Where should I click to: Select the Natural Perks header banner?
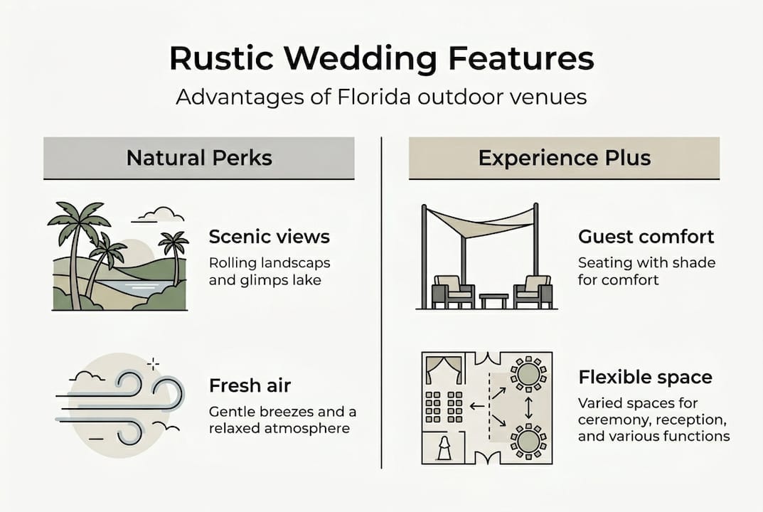point(199,158)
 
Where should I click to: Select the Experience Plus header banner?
point(564,158)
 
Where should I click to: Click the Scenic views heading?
point(269,237)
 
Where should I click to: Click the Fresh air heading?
point(250,385)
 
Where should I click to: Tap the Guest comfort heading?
point(646,237)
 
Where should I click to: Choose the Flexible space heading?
point(645,377)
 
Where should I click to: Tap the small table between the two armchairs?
point(493,300)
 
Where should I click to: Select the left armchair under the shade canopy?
point(452,292)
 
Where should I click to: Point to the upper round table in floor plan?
point(528,375)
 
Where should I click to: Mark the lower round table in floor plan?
point(528,441)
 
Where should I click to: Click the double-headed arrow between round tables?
point(528,408)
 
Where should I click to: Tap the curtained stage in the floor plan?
point(444,370)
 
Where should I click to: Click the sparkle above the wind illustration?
point(154,363)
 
